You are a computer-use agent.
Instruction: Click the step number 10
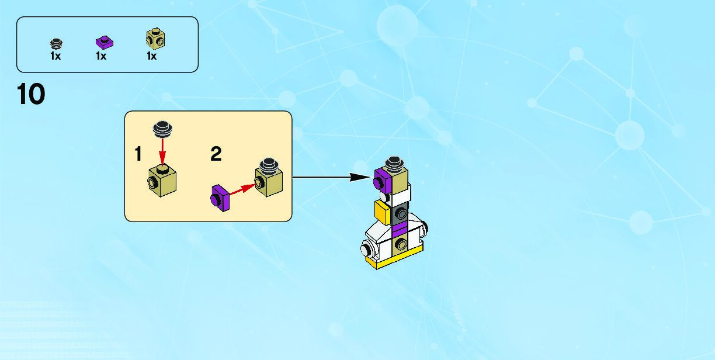pos(32,94)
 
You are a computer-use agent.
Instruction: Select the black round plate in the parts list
pos(56,43)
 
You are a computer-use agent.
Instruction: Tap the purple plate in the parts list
pos(104,42)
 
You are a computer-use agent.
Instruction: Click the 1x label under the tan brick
pos(151,57)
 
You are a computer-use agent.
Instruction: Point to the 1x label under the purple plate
pos(101,57)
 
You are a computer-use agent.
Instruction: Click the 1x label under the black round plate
pos(55,57)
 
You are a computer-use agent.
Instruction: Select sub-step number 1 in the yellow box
pos(138,154)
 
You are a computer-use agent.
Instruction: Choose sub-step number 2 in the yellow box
pos(216,154)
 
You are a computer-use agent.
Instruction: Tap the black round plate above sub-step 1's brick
pos(163,128)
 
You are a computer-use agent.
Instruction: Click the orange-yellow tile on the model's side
pos(382,212)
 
